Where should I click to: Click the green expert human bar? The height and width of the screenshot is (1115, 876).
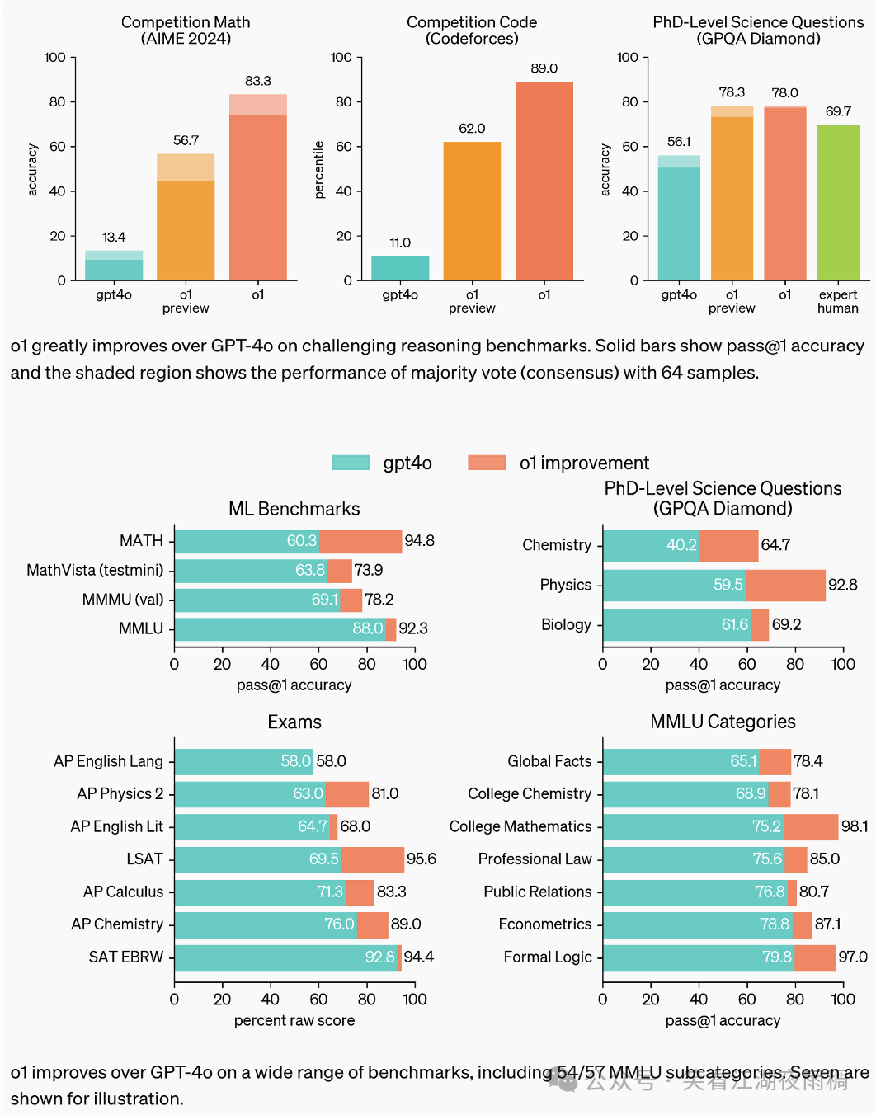click(x=838, y=202)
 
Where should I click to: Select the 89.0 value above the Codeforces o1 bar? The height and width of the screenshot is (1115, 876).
click(x=544, y=68)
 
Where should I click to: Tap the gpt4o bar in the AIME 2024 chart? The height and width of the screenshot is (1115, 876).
click(x=114, y=266)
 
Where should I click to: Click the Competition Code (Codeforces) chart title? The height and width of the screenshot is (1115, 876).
click(x=472, y=31)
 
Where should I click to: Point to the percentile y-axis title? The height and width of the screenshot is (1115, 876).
click(x=320, y=170)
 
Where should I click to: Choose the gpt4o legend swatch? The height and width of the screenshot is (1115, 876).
click(x=350, y=463)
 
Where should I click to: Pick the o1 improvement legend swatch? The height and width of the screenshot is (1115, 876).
click(x=487, y=463)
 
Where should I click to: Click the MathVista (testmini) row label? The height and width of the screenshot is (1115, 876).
click(x=95, y=570)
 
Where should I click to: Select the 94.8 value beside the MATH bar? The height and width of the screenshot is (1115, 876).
click(x=419, y=541)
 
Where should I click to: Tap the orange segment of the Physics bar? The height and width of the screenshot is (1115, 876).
click(x=785, y=585)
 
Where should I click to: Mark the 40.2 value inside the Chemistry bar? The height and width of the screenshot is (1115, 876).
click(x=681, y=545)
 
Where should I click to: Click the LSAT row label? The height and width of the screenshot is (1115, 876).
click(x=144, y=859)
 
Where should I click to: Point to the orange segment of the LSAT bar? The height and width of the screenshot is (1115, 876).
click(x=372, y=859)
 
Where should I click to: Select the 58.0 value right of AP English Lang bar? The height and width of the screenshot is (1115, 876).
click(x=331, y=761)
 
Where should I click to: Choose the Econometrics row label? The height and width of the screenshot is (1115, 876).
click(x=544, y=924)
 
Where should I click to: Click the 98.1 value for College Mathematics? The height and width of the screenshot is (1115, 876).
click(x=855, y=826)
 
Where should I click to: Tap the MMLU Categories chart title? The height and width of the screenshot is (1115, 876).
click(x=723, y=722)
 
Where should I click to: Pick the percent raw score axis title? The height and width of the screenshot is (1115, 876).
click(x=294, y=1020)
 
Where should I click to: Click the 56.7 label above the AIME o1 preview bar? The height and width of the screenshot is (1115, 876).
click(x=186, y=140)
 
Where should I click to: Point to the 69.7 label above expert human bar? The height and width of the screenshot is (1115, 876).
click(x=838, y=111)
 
